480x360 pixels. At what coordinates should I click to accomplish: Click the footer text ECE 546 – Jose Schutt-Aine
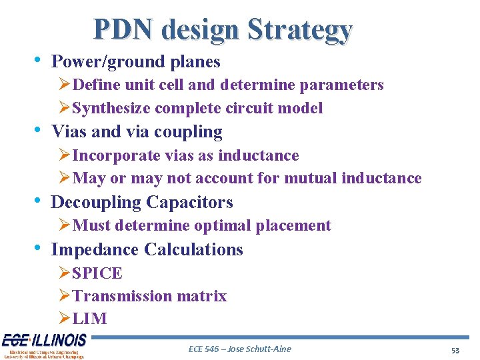(x=240, y=349)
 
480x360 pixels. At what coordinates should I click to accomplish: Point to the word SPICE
(x=97, y=273)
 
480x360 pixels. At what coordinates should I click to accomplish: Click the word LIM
(x=89, y=319)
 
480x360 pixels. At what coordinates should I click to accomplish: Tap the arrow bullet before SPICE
(x=64, y=273)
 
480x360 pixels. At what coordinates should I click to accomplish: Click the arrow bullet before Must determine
(x=64, y=225)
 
